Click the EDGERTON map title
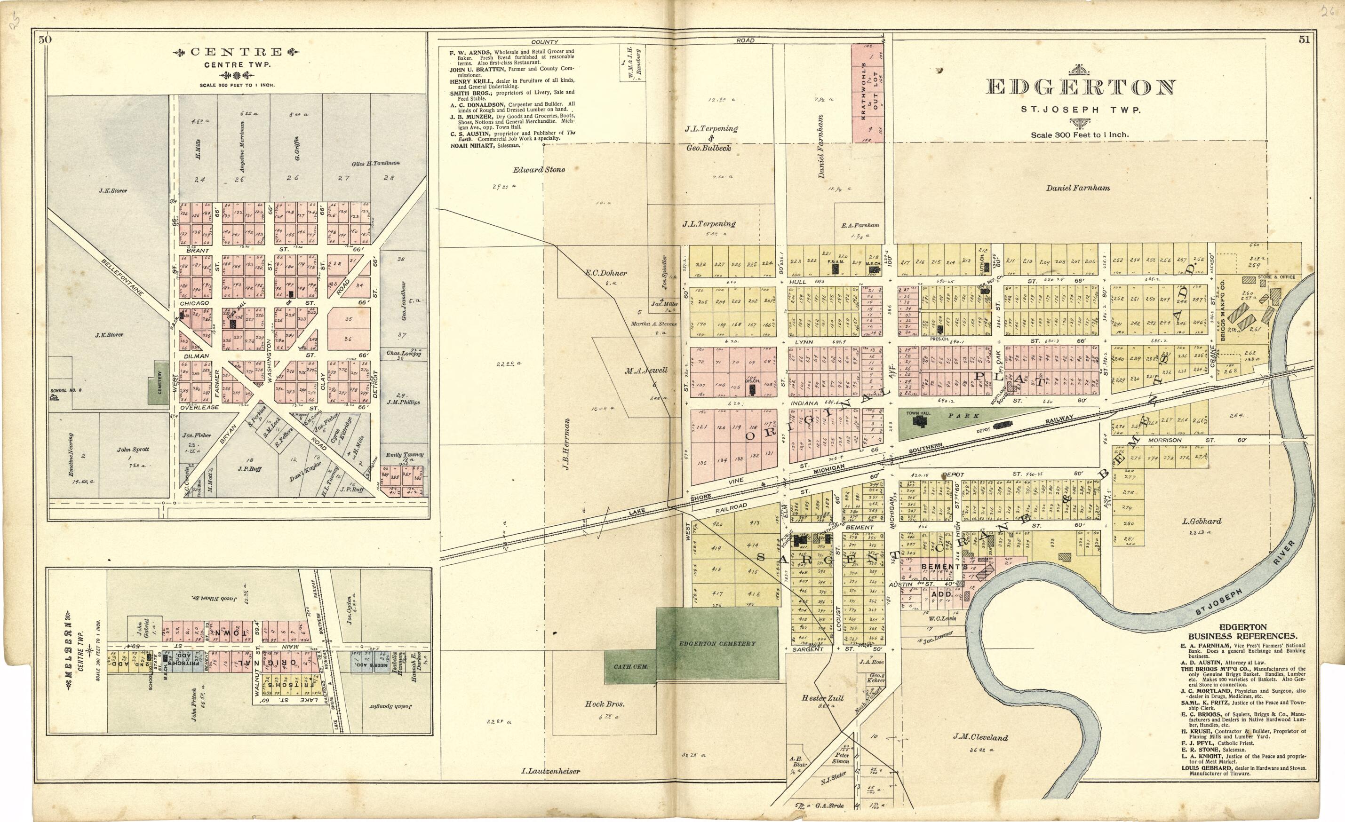(x=1080, y=87)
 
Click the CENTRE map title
(x=236, y=52)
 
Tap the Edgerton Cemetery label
(x=716, y=643)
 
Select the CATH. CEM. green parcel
(x=629, y=666)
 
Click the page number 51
(x=1304, y=40)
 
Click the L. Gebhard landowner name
(x=1202, y=521)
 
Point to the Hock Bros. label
(x=604, y=704)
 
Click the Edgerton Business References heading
(x=1242, y=632)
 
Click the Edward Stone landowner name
(x=538, y=170)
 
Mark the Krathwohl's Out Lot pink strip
(x=867, y=94)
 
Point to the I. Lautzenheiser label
(x=550, y=771)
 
